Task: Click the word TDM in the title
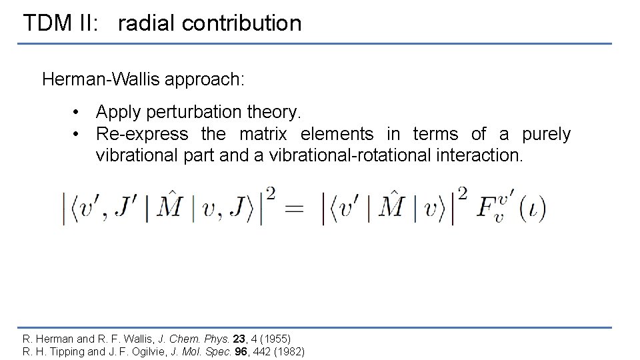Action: pyautogui.click(x=44, y=23)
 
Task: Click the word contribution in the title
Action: pyautogui.click(x=241, y=23)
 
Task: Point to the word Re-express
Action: pyautogui.click(x=142, y=134)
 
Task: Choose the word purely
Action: pyautogui.click(x=546, y=134)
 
